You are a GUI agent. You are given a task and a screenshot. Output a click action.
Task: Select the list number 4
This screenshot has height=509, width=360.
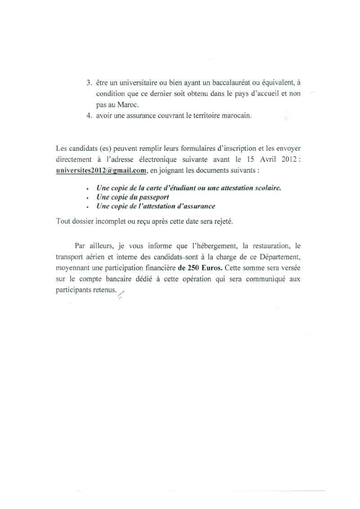point(89,115)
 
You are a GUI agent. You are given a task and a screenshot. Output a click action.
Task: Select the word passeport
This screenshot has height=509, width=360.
point(149,197)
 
